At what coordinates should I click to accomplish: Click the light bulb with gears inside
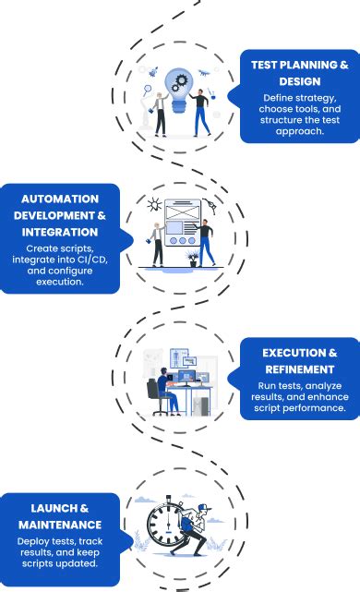pos(179,86)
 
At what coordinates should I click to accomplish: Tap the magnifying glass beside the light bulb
pos(148,90)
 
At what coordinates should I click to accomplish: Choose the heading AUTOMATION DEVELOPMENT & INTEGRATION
pos(58,215)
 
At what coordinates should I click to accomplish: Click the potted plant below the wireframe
pos(192,258)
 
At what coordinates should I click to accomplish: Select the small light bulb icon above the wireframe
pos(154,203)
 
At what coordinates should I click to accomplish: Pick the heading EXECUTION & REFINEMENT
pos(299,361)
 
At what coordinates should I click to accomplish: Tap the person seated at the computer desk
pos(164,388)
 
